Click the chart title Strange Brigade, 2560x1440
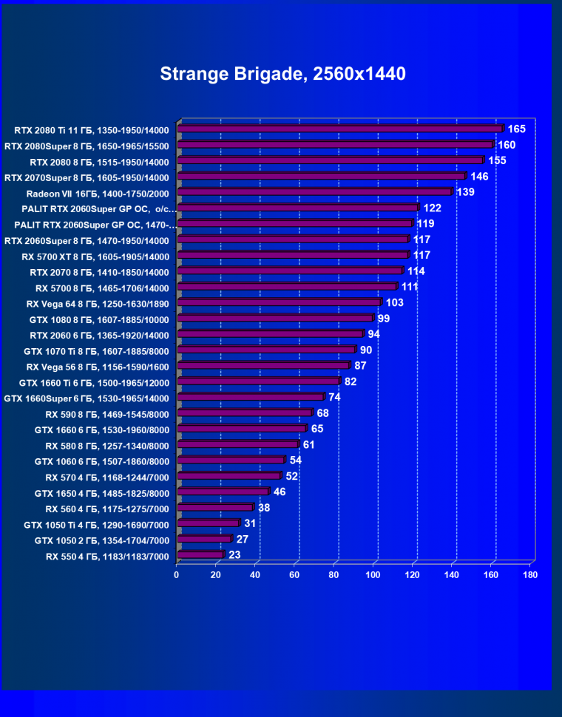(x=283, y=74)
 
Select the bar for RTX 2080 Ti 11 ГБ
(x=340, y=129)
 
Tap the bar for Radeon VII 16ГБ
(x=314, y=192)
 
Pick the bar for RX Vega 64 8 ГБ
(x=279, y=302)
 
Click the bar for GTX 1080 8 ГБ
(x=275, y=318)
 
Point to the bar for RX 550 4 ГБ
(x=200, y=554)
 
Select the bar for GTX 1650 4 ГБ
(x=223, y=492)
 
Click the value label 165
(x=516, y=129)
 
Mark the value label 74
(x=334, y=397)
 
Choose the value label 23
(x=234, y=554)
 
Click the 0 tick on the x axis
(x=177, y=574)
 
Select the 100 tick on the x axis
(x=373, y=574)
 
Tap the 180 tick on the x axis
(x=529, y=574)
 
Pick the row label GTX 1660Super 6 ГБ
(x=87, y=398)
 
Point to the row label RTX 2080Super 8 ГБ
(x=87, y=146)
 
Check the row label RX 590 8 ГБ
(x=107, y=414)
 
